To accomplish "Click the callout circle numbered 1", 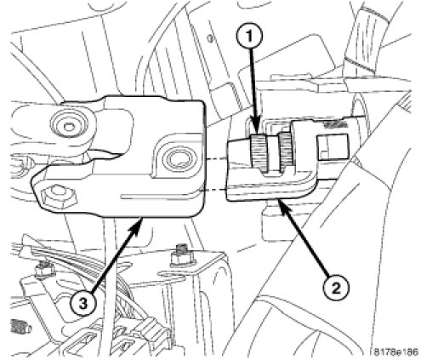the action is tap(249, 36).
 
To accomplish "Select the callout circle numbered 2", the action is tap(336, 289).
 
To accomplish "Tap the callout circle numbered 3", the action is tap(83, 305).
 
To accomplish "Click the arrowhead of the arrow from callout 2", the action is tap(282, 205).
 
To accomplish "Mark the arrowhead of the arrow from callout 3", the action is tap(136, 225).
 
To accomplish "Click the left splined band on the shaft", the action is tap(259, 153).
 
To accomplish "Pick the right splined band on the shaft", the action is tap(286, 151).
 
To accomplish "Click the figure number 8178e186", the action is tap(395, 352).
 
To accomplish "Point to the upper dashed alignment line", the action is tap(217, 159).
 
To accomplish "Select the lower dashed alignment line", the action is tap(213, 190).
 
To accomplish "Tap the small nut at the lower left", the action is tap(43, 270).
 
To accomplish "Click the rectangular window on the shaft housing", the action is tap(333, 147).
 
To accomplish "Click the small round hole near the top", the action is tap(210, 37).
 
